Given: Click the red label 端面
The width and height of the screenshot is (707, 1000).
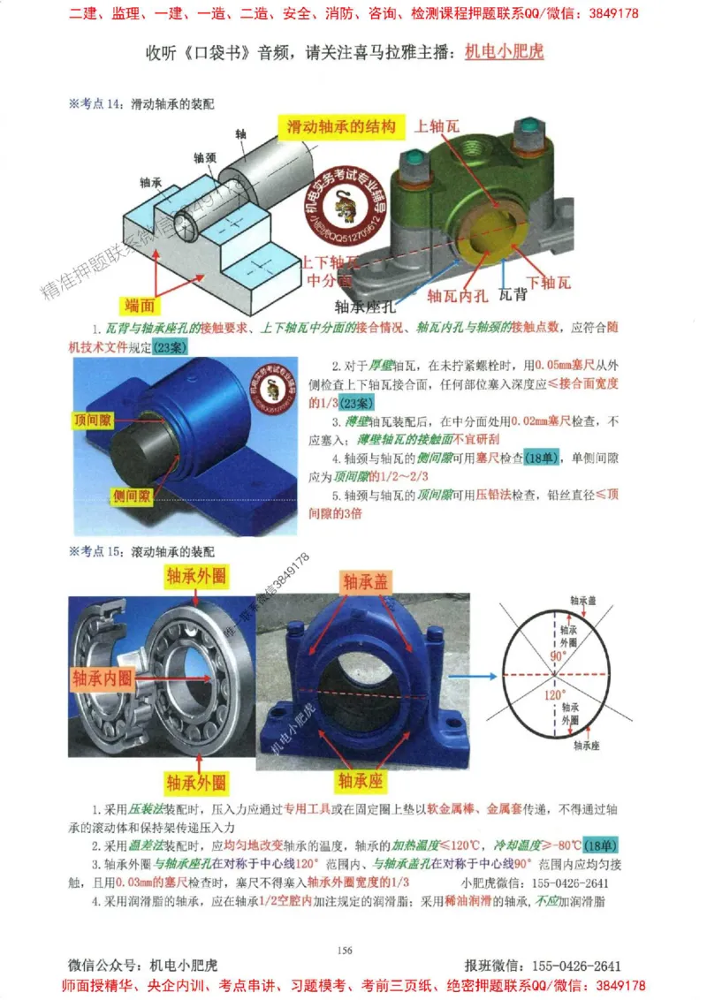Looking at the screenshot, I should click(140, 306).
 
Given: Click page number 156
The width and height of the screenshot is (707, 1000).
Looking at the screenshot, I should click(346, 950).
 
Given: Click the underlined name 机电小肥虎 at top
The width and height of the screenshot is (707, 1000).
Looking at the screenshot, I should click(504, 51).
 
